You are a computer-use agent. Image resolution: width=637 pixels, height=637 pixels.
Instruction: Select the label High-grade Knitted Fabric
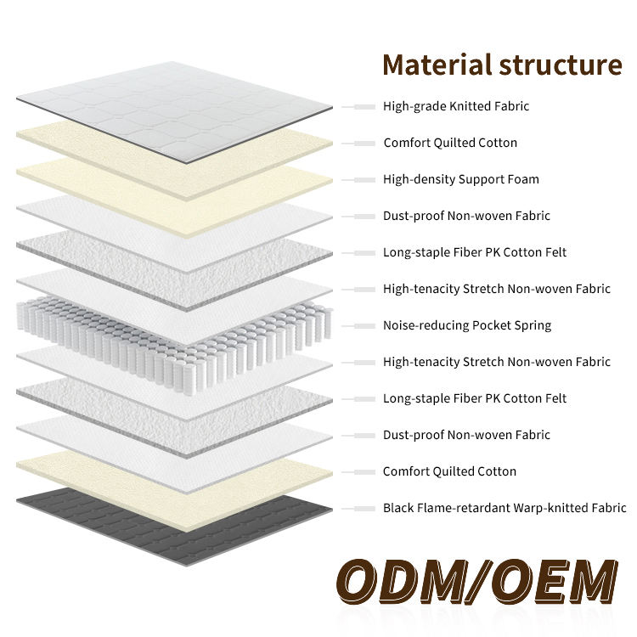coord(456,106)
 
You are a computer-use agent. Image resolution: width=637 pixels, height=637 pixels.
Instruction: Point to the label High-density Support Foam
coord(461,179)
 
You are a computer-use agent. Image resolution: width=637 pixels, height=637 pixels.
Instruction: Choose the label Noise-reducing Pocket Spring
coord(467,325)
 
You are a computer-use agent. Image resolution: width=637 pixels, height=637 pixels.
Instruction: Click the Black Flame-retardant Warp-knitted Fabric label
coord(505,508)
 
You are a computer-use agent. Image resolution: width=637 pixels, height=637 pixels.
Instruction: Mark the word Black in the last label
coord(398,508)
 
